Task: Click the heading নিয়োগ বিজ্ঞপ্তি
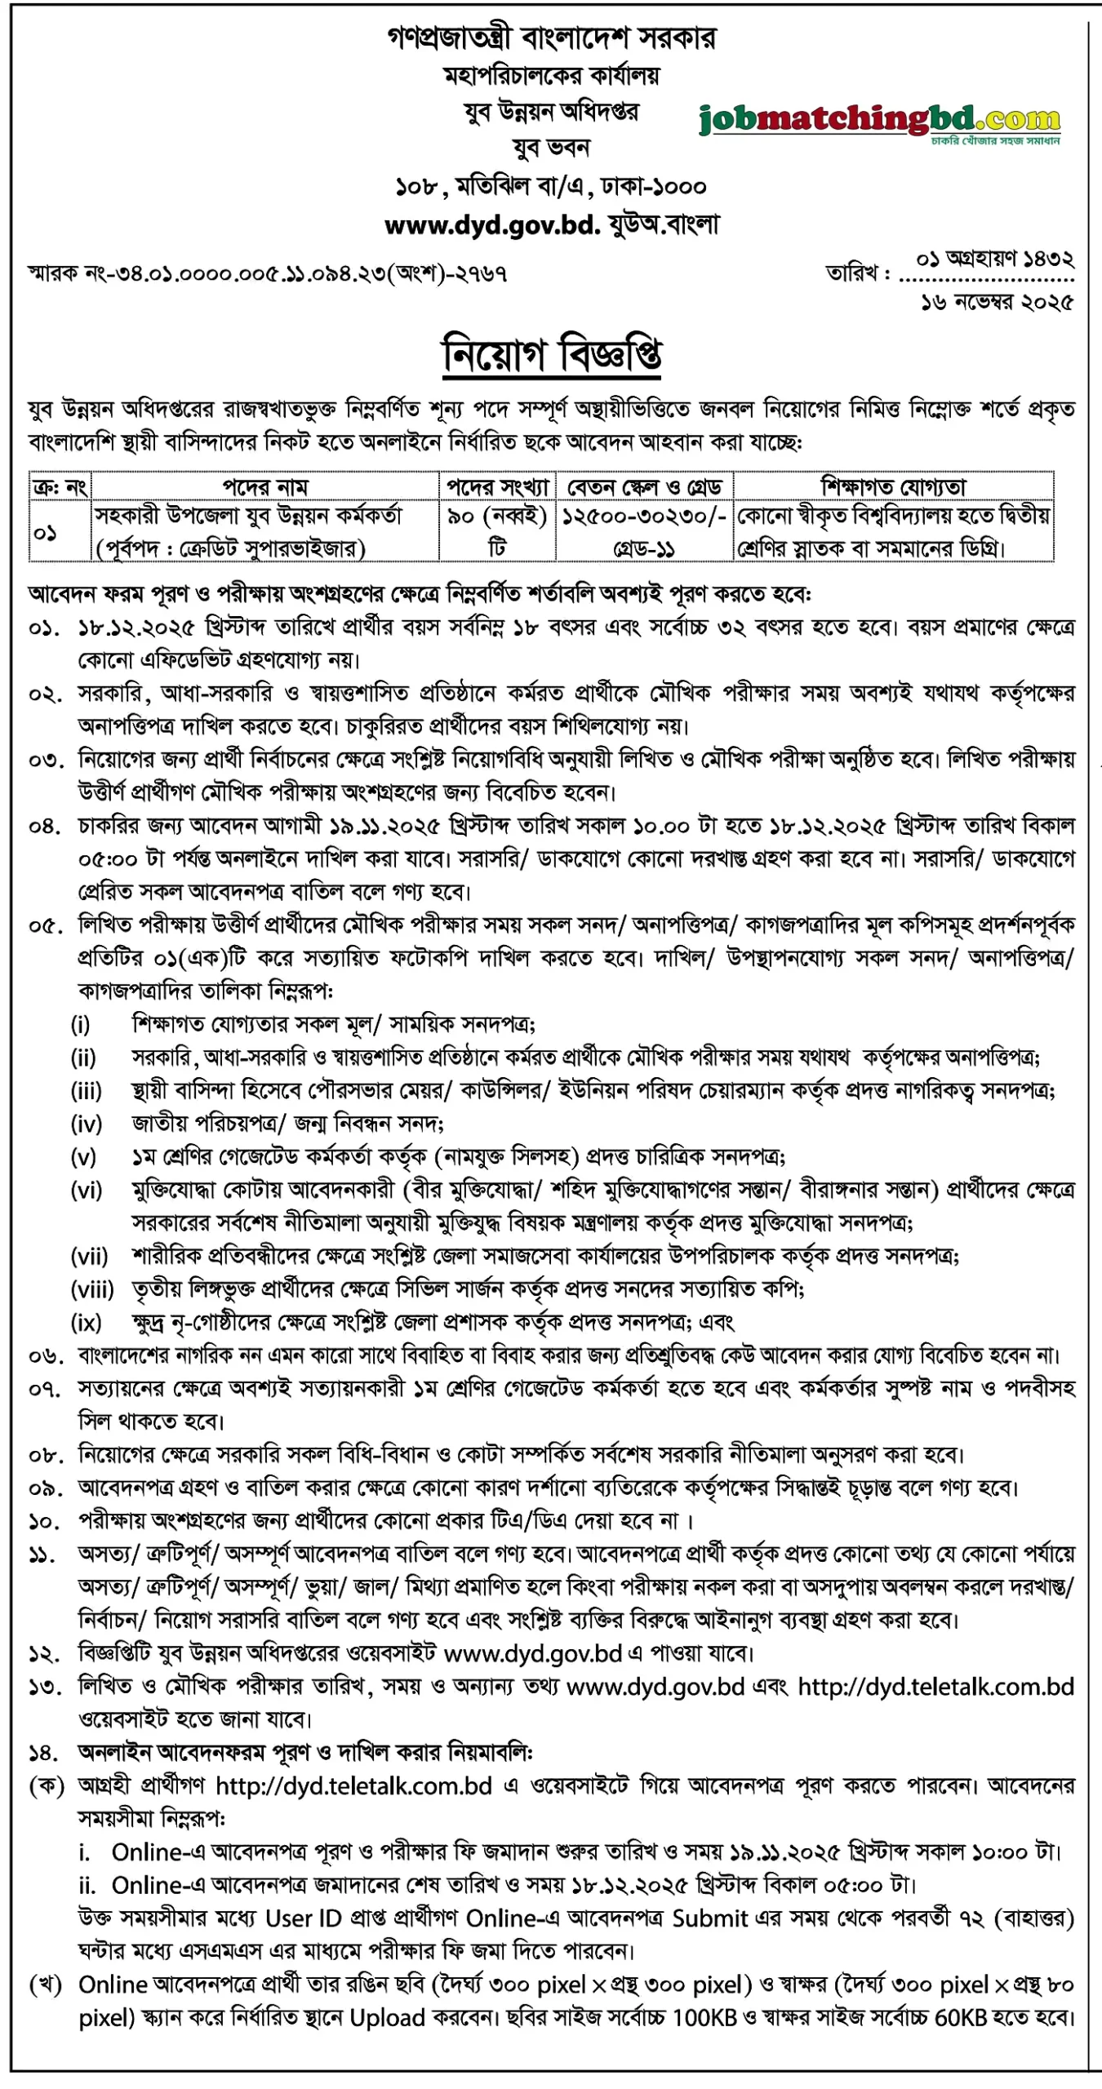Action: (x=552, y=354)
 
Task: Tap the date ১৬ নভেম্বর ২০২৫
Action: (x=997, y=303)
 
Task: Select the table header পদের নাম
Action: (x=265, y=487)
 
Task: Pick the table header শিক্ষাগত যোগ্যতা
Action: (x=893, y=487)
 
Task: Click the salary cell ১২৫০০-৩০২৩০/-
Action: (x=644, y=517)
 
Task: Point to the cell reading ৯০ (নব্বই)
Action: (x=497, y=517)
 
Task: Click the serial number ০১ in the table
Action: (x=46, y=533)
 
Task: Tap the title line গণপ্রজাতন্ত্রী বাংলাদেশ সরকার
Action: (x=552, y=38)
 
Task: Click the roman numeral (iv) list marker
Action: (x=87, y=1124)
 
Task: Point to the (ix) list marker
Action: (x=87, y=1322)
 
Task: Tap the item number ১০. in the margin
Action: (x=44, y=1522)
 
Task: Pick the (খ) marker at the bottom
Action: (x=46, y=1985)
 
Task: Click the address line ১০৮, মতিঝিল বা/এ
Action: (x=552, y=187)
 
